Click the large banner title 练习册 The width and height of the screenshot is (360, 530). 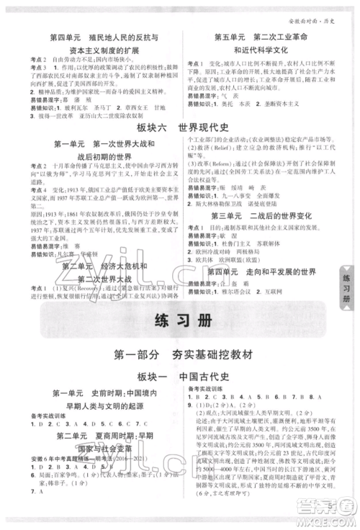pos(180,328)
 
